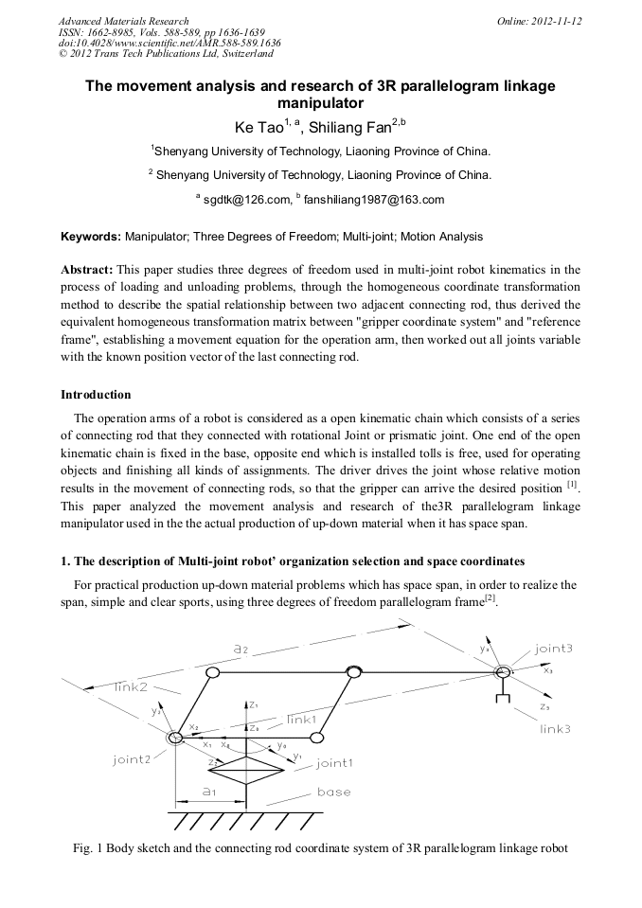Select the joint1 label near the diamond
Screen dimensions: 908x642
click(x=335, y=763)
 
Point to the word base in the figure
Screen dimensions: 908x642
click(x=333, y=792)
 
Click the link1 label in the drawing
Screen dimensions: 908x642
click(x=302, y=720)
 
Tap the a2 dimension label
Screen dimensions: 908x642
click(x=240, y=650)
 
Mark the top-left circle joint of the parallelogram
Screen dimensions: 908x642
click(x=213, y=672)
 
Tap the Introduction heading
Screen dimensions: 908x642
click(x=96, y=394)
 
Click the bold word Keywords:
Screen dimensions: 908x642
click(x=91, y=236)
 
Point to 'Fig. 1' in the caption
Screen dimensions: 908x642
click(x=88, y=848)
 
